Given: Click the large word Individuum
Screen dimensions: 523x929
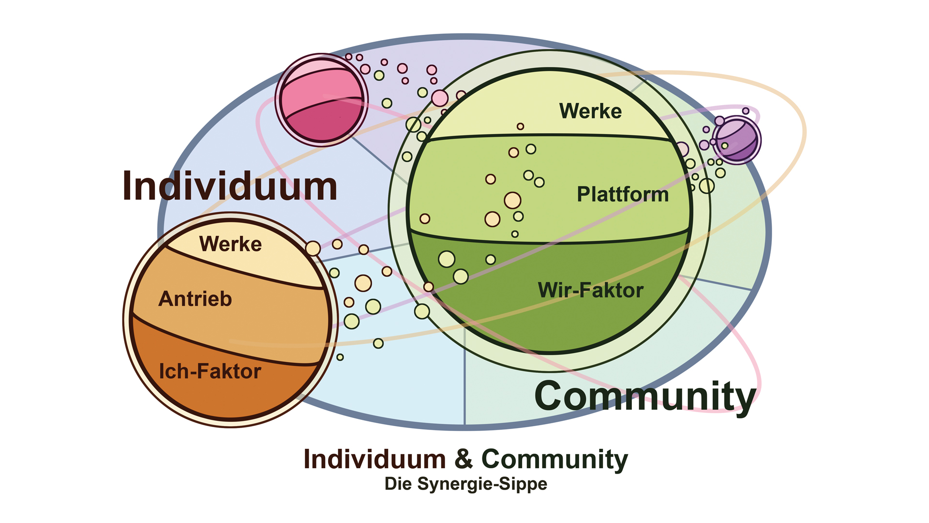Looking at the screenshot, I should pyautogui.click(x=230, y=186).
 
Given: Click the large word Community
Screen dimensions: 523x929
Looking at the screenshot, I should pyautogui.click(x=645, y=396).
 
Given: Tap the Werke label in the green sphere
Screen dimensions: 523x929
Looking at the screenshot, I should pyautogui.click(x=590, y=111).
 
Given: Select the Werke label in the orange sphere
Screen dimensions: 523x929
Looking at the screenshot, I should pyautogui.click(x=230, y=244).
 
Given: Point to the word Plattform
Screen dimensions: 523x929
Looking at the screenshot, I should pyautogui.click(x=623, y=194).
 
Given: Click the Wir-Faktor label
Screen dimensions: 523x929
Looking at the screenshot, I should pyautogui.click(x=591, y=290).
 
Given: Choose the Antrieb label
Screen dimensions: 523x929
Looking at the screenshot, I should pyautogui.click(x=195, y=299).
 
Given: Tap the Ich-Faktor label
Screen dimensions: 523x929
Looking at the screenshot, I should pyautogui.click(x=210, y=371).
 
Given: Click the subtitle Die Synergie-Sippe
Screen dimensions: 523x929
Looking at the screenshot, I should pyautogui.click(x=465, y=484).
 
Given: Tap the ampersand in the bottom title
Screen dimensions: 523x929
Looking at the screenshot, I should pyautogui.click(x=463, y=459).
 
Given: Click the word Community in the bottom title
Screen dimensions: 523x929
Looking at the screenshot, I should pyautogui.click(x=554, y=459).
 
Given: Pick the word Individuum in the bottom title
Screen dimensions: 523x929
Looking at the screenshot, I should pyautogui.click(x=375, y=459).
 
